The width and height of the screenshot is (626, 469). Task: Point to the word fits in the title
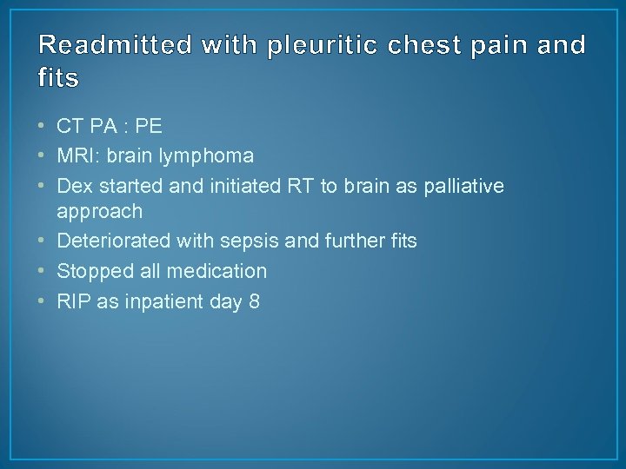(59, 79)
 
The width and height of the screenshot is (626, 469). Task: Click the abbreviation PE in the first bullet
(149, 127)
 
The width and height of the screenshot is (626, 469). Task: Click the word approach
(99, 212)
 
